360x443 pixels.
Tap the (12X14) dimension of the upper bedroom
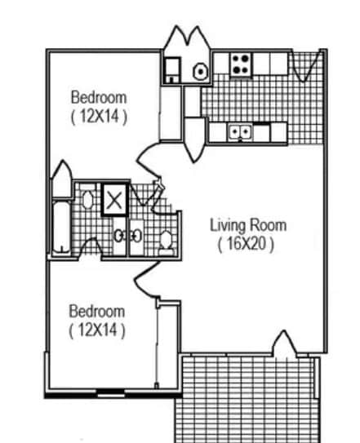98,116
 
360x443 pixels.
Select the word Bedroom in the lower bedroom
96,311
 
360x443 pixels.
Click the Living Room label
248,225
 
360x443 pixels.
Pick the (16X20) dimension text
246,243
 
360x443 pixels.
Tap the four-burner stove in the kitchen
240,64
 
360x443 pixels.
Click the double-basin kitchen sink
238,131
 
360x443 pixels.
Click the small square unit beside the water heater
172,70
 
